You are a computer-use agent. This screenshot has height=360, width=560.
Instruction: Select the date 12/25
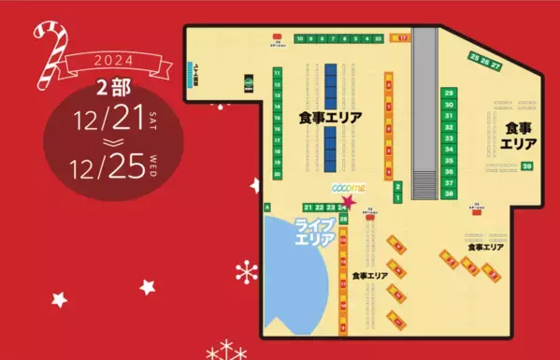tap(108, 166)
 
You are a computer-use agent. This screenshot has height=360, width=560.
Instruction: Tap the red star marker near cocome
tap(350, 200)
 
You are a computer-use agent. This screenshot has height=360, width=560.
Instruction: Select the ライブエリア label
tap(314, 231)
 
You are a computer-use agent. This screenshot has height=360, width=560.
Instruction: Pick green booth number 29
tap(450, 94)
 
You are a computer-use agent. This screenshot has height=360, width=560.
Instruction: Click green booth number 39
tap(527, 166)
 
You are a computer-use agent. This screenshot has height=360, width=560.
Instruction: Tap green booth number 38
tap(450, 194)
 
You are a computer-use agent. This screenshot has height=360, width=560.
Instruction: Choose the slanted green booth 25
tap(475, 58)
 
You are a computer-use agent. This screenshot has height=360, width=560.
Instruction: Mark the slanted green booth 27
tap(496, 66)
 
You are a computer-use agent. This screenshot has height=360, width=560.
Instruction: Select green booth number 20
tap(278, 174)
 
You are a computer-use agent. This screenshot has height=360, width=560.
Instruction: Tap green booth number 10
tap(300, 39)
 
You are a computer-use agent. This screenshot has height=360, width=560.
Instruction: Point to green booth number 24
tap(343, 207)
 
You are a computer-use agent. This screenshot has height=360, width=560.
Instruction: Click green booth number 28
tap(344, 219)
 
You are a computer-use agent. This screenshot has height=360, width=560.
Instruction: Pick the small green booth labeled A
tap(268, 207)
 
